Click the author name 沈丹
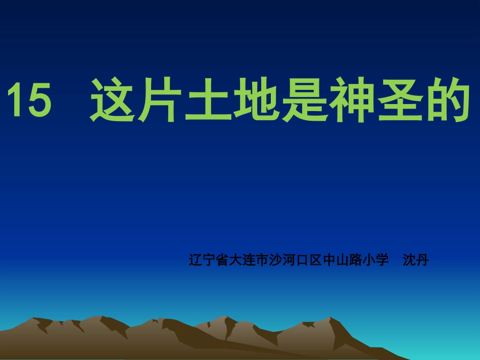[x=415, y=261]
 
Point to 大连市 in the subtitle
[x=248, y=261]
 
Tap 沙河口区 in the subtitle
[x=295, y=261]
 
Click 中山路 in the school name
[x=342, y=261]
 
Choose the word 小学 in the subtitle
[x=375, y=261]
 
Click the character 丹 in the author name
[x=422, y=261]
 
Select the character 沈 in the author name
[x=409, y=261]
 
